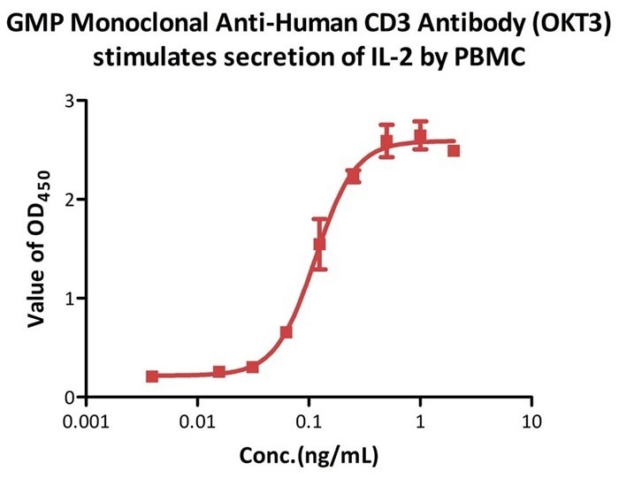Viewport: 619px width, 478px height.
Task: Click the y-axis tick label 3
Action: (x=67, y=101)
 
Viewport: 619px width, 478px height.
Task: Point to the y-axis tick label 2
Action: (x=67, y=200)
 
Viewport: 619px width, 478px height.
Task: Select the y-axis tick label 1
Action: (x=67, y=299)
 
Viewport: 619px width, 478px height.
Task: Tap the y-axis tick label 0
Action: (x=67, y=398)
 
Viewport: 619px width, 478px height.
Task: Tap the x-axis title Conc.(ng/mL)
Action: (x=309, y=455)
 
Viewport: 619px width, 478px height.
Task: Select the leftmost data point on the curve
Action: (x=152, y=376)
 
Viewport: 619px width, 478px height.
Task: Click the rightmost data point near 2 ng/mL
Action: (x=454, y=150)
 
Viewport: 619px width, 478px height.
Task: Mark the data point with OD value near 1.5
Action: (x=320, y=244)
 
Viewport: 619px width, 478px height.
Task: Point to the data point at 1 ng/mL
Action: (x=420, y=136)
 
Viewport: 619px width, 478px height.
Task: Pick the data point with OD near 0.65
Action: (x=287, y=332)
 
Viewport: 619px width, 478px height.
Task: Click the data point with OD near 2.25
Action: (x=353, y=175)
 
